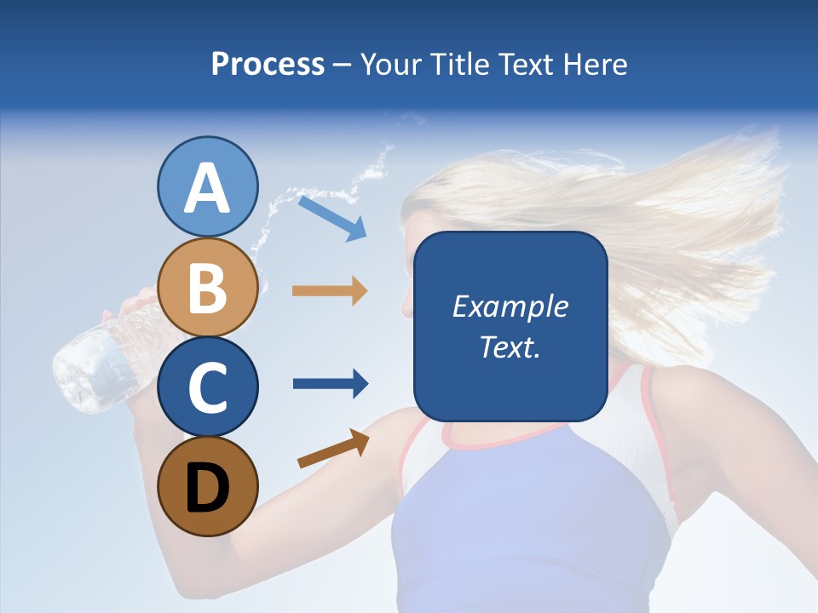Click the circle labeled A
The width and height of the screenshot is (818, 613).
tap(207, 186)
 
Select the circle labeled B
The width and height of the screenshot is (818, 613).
tap(207, 287)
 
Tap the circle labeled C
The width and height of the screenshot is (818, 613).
tap(207, 387)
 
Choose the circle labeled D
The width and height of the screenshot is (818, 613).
tap(207, 486)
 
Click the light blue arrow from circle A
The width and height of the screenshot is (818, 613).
tap(332, 218)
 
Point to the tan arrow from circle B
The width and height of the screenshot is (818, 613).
tap(330, 291)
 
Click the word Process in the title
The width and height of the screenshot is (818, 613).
tap(268, 65)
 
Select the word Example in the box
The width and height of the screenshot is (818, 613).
tap(510, 306)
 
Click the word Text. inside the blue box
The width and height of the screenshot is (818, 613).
tap(510, 347)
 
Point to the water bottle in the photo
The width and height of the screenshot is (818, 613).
tap(94, 362)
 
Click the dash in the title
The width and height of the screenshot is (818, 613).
tap(343, 66)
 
